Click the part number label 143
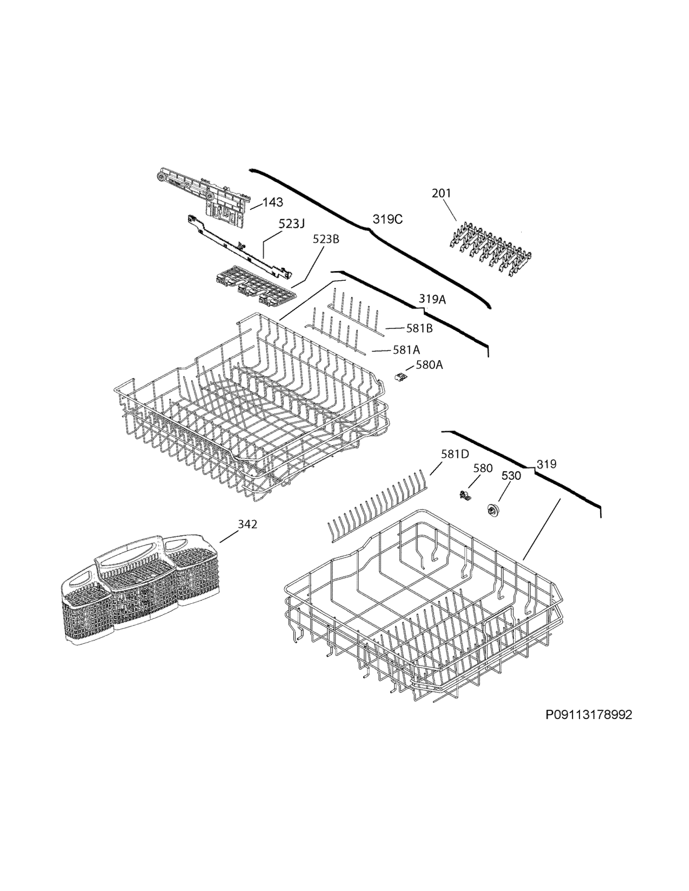[273, 202]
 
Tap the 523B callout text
[326, 239]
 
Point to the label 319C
[387, 220]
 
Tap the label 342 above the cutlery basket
[247, 524]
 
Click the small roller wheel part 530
[494, 509]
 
